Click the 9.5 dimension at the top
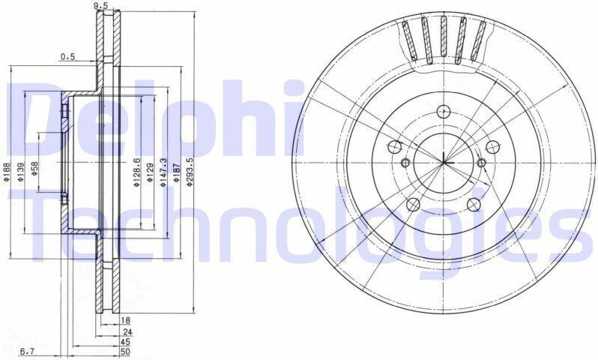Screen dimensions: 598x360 (98, 5)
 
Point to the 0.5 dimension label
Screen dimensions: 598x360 (68, 57)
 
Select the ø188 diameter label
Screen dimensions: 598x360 (6, 172)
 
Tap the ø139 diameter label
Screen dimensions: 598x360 (20, 172)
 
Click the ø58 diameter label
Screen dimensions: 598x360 (34, 169)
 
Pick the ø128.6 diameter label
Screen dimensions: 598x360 (137, 172)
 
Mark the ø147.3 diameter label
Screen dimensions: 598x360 (163, 172)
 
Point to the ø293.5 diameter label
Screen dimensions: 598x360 (190, 172)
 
